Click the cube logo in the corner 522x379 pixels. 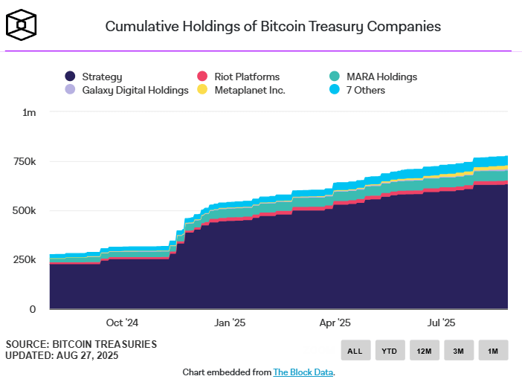(x=21, y=25)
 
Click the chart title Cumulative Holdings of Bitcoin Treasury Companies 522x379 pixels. (x=273, y=27)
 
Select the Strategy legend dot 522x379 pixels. (x=70, y=77)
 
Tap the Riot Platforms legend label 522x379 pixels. (x=247, y=77)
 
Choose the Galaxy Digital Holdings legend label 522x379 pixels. (x=135, y=91)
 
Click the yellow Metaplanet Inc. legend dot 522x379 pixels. (x=202, y=89)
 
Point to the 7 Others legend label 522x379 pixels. (x=366, y=90)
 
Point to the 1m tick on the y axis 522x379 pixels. (x=29, y=113)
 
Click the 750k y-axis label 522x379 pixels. (x=25, y=162)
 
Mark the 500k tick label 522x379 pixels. (x=24, y=210)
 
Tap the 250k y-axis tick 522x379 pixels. (x=25, y=259)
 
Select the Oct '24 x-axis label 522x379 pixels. (x=122, y=323)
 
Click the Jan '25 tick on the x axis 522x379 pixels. (x=230, y=323)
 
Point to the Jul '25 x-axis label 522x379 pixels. (x=441, y=323)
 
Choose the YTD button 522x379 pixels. (x=390, y=350)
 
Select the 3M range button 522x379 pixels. (x=459, y=350)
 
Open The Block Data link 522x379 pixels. (x=303, y=372)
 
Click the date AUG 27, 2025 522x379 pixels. (x=87, y=355)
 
